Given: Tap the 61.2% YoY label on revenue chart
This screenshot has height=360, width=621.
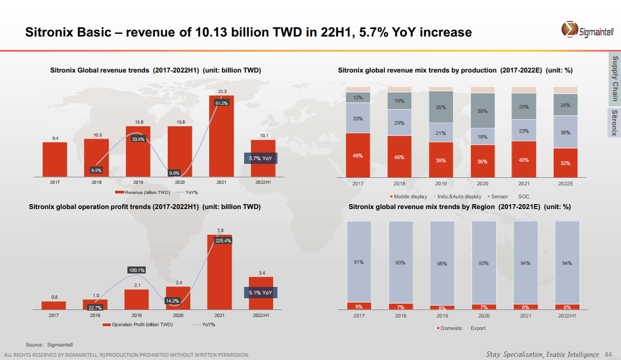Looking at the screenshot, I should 222,103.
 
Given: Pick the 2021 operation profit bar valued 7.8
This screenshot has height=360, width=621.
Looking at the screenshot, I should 219,272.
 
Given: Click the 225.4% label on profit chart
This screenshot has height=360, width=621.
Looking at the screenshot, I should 223,241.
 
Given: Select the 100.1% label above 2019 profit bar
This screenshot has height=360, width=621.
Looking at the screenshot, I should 136,270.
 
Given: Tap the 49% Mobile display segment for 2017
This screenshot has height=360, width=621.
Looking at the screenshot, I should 358,155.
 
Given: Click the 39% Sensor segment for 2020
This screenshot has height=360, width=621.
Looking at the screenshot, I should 483,111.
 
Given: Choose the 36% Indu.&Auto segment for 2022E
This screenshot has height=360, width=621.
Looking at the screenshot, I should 566,132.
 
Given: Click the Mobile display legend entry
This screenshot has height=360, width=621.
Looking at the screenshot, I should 409,197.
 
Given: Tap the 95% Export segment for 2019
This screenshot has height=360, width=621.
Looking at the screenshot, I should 441,263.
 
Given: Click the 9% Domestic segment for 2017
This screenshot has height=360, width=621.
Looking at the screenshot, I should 359,306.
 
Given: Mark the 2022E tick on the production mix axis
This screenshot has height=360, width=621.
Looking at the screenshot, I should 565,184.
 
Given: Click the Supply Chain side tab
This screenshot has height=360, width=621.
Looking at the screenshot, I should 615,78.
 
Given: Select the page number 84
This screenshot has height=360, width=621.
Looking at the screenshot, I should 609,354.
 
